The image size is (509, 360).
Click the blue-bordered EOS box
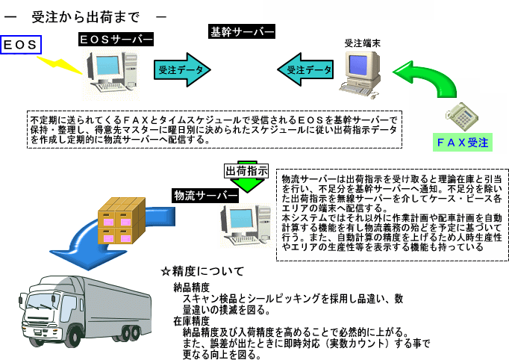[22, 45]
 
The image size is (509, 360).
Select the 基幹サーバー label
[242, 32]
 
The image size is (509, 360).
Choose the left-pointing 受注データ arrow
[305, 69]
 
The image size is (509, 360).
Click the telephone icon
[460, 113]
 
